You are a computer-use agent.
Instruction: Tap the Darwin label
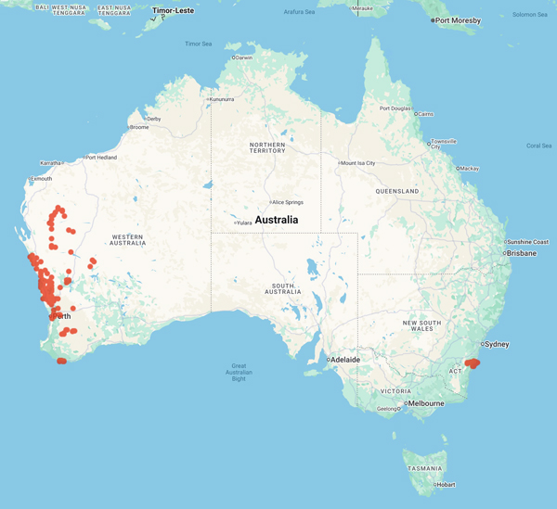[x=244, y=57]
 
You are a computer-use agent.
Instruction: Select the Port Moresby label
[x=459, y=20]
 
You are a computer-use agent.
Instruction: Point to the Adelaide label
[x=344, y=359]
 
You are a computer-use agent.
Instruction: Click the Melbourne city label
[x=426, y=403]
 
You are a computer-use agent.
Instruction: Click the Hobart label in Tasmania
[x=447, y=484]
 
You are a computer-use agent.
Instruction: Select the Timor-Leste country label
[x=173, y=11]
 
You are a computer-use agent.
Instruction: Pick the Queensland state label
[x=397, y=191]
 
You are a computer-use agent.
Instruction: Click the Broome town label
[x=139, y=127]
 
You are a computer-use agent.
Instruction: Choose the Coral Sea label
[x=539, y=146]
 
